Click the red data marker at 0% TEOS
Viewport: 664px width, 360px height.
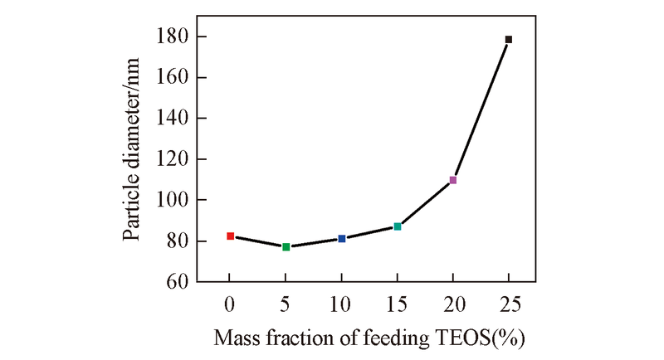click(x=230, y=236)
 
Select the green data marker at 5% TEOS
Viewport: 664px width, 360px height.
click(x=286, y=246)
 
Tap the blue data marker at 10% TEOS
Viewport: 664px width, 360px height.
click(x=341, y=239)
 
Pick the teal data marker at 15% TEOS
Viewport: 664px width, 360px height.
click(x=398, y=226)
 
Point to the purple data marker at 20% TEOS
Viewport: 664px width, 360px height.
click(x=453, y=180)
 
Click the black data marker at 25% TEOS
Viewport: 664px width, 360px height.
click(x=509, y=40)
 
